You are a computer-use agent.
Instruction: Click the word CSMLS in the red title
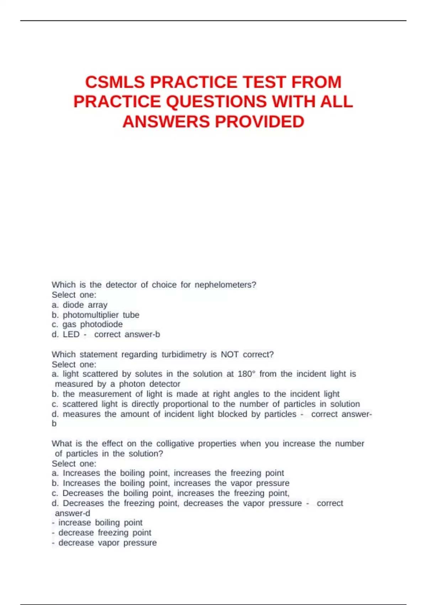click(x=115, y=82)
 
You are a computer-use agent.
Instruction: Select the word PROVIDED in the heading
click(x=259, y=122)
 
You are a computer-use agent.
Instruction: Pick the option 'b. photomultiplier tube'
click(x=95, y=315)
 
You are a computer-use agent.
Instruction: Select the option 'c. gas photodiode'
click(x=87, y=325)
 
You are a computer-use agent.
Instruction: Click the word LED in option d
click(x=71, y=335)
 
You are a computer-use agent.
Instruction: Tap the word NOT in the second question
click(x=230, y=354)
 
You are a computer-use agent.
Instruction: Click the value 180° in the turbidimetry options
click(x=246, y=374)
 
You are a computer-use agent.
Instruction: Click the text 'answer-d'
click(x=73, y=513)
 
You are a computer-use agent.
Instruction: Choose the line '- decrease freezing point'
click(x=101, y=533)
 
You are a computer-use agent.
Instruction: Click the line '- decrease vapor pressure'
click(x=104, y=543)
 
